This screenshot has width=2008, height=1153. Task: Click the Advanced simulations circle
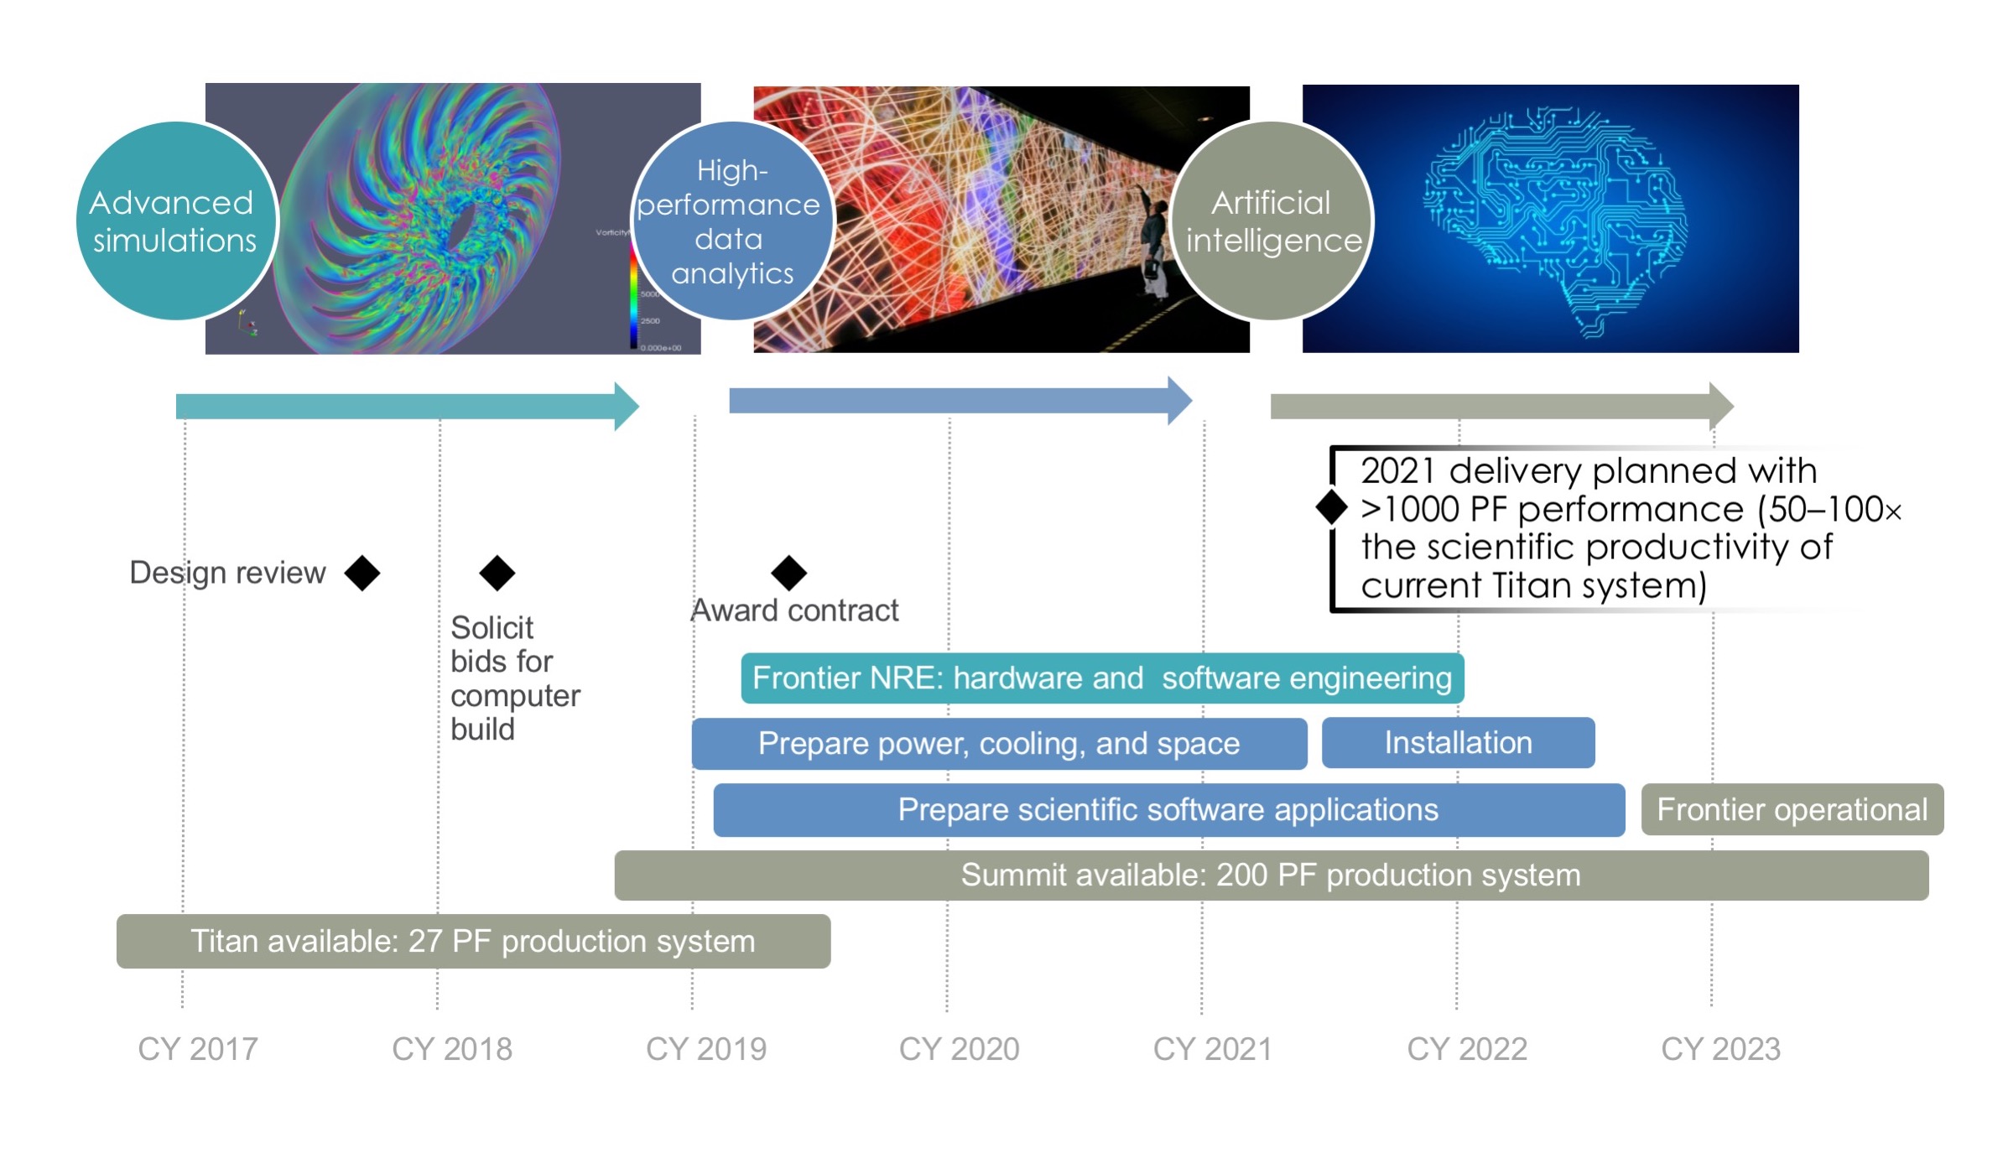point(176,221)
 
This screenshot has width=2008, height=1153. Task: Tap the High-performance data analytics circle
point(732,221)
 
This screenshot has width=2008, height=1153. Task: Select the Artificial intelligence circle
point(1272,221)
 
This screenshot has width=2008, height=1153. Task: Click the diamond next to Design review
point(362,573)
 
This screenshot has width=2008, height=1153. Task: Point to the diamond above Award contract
point(788,573)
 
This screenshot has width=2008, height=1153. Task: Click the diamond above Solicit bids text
point(497,573)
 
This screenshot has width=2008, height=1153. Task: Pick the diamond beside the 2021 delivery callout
point(1331,506)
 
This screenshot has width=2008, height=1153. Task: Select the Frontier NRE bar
point(1102,678)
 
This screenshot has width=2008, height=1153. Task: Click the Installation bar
point(1458,743)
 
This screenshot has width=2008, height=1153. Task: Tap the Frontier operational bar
point(1792,809)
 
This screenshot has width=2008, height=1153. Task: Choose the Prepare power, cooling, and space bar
point(998,744)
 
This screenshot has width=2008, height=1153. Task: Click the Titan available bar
point(473,941)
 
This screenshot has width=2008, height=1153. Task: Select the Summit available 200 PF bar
point(1271,875)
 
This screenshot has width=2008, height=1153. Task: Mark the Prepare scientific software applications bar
point(1168,810)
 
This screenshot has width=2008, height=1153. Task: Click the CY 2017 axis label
point(198,1049)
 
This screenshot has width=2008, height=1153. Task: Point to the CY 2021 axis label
point(1212,1049)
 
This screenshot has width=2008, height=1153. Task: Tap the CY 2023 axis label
point(1720,1049)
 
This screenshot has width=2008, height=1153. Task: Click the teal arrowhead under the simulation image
point(626,407)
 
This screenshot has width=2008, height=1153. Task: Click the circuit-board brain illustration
point(1554,221)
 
